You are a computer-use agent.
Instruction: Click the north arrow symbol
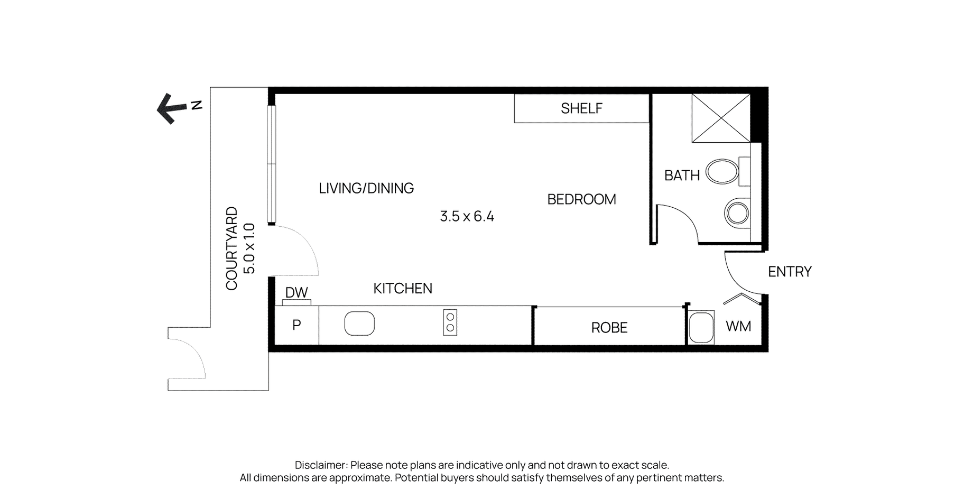(x=172, y=109)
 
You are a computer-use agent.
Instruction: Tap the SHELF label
(x=581, y=108)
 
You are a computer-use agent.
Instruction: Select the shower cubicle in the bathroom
(x=721, y=118)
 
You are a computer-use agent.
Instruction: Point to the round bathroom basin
(x=737, y=214)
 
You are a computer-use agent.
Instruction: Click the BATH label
(x=682, y=175)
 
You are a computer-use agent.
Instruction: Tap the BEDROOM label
(x=581, y=199)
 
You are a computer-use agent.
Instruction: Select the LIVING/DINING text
(x=366, y=188)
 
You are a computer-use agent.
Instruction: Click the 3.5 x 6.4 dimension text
(x=467, y=216)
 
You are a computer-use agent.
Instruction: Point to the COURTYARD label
(x=231, y=248)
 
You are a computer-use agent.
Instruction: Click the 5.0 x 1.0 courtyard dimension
(x=249, y=248)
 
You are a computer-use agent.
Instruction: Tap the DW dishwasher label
(x=296, y=293)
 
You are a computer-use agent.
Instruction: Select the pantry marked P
(x=296, y=325)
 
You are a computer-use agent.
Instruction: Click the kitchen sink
(x=359, y=324)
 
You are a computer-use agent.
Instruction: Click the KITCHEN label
(x=403, y=288)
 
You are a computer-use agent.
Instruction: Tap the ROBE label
(x=609, y=328)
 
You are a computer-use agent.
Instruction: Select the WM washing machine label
(x=738, y=326)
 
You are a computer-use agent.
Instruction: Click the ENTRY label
(x=790, y=272)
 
